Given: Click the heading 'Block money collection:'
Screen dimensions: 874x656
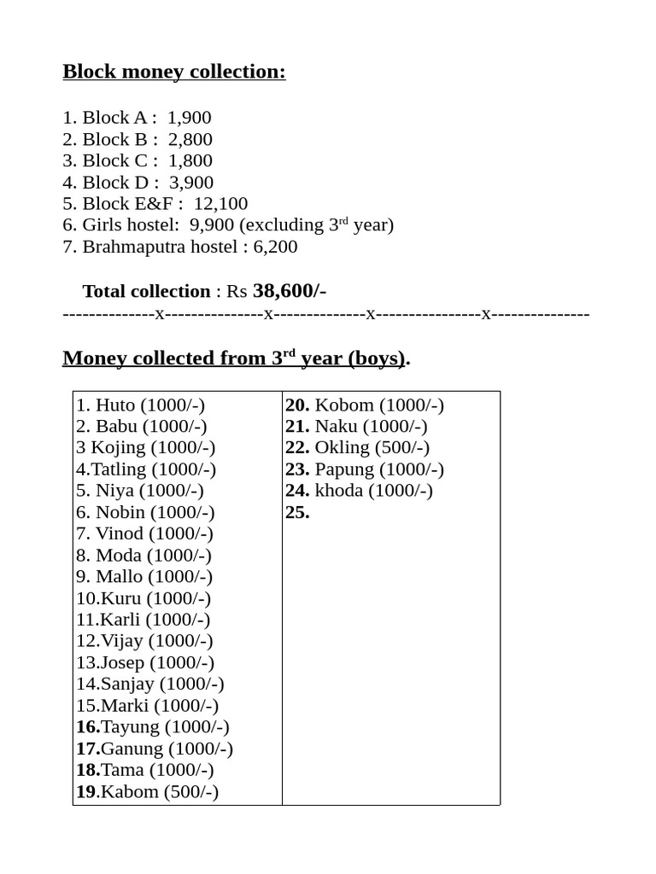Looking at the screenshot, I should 174,72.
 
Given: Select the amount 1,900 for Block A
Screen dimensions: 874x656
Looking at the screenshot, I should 190,118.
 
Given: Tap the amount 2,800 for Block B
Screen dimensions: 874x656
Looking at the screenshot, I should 190,139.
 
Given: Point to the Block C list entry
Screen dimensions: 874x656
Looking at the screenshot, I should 138,160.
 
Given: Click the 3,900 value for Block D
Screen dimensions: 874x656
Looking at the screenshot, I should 191,183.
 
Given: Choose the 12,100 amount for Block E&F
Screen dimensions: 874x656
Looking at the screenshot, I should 220,204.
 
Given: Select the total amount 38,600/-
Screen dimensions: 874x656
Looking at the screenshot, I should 290,291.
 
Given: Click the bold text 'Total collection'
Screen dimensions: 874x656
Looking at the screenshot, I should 146,292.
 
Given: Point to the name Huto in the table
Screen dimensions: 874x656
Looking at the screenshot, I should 115,405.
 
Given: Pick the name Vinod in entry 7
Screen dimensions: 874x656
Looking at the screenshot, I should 120,533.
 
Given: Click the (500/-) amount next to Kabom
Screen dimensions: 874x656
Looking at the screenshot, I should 191,791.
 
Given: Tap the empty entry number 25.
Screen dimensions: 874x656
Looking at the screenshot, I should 297,512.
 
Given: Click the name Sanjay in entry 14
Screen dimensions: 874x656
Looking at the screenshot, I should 127,684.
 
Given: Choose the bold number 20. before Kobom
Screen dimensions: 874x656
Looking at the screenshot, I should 297,405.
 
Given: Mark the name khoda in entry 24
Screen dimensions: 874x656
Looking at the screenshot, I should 339,491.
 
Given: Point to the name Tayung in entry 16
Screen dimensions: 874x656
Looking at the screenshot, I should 131,727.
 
